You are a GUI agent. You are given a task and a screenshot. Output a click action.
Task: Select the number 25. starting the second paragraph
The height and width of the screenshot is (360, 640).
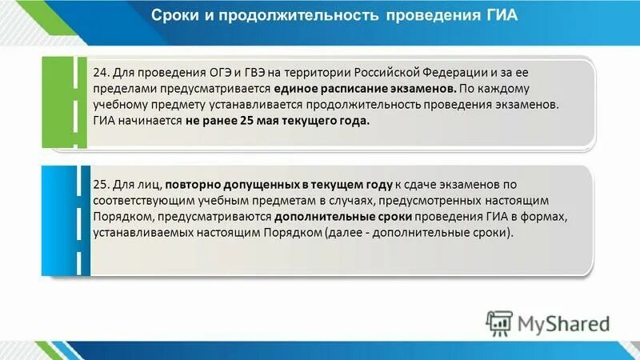[x=102, y=185]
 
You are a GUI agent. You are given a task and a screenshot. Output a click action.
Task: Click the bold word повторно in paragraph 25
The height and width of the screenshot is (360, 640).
[x=194, y=185]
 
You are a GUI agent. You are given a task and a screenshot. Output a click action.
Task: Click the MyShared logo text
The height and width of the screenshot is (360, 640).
[x=563, y=323]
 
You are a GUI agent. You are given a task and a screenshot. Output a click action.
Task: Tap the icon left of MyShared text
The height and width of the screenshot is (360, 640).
[x=499, y=323]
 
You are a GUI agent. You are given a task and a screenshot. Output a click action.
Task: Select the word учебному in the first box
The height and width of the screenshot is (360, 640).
[x=120, y=105]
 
